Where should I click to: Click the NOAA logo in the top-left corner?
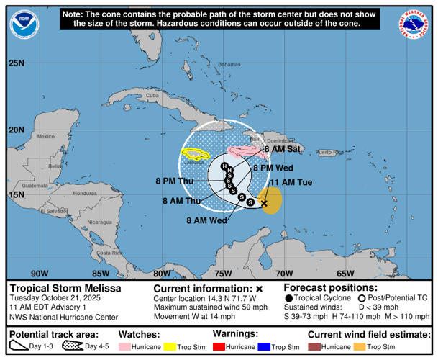pos(24,24)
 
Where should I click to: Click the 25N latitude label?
pos(17,63)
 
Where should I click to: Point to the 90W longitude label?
pos(40,274)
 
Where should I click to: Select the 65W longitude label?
pos(347,274)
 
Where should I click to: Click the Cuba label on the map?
pos(152,96)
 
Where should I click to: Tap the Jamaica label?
pos(196,163)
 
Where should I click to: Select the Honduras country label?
pos(84,194)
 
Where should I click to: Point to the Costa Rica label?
pos(110,253)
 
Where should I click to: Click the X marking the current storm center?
pos(264,204)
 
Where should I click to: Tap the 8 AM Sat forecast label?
pos(281,150)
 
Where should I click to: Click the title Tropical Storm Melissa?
pos(65,288)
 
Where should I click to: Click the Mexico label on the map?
pos(46,136)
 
